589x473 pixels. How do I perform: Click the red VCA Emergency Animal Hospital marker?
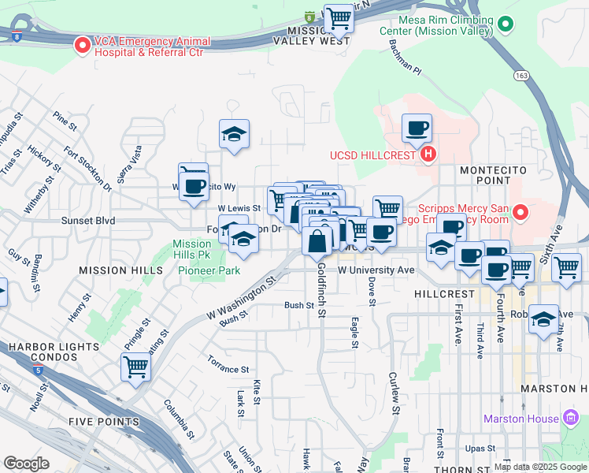[x=82, y=46]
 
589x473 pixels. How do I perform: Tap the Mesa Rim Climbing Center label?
[x=435, y=25]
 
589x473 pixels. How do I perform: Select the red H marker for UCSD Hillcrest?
[x=428, y=154]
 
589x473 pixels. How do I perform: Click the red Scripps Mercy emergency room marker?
[x=520, y=212]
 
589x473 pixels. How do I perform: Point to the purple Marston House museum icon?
[x=571, y=419]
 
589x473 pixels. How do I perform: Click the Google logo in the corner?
[x=26, y=463]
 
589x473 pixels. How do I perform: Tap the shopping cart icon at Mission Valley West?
[x=339, y=17]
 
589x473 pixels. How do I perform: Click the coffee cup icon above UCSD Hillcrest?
[x=417, y=127]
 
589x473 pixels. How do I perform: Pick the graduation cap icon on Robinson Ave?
[x=543, y=319]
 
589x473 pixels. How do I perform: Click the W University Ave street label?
[x=376, y=270]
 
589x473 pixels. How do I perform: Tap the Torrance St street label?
[x=228, y=368]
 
